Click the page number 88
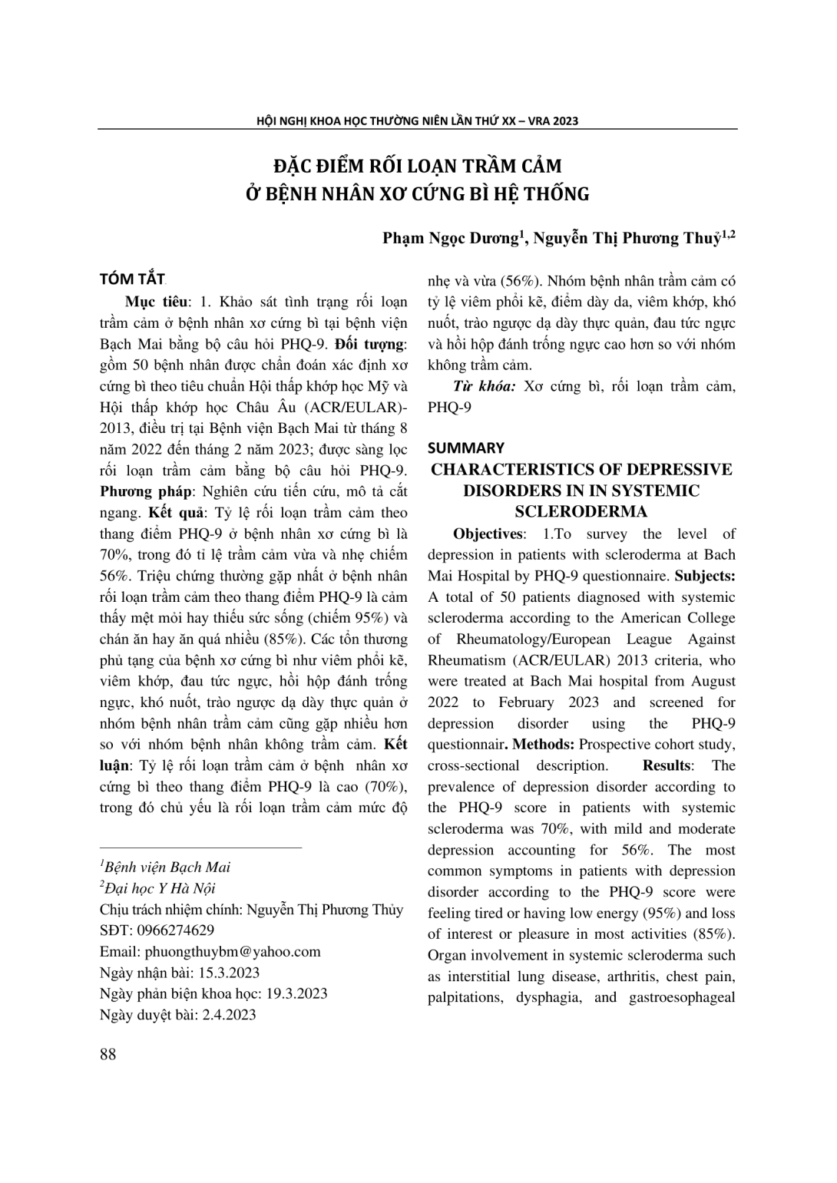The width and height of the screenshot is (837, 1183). coord(108,1054)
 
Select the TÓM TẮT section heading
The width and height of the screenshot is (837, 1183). coord(132,279)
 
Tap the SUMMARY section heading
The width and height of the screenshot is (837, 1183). coord(466,448)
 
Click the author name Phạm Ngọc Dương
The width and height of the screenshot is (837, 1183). coord(452,239)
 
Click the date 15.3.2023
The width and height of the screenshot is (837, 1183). coord(229,973)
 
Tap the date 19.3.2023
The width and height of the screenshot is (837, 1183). coord(297,993)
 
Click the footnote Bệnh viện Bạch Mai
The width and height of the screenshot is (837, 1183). coord(167,867)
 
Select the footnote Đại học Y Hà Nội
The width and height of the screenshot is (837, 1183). coord(160,888)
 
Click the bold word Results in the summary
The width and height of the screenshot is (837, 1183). coord(666,765)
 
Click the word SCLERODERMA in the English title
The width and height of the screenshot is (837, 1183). coord(581,511)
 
